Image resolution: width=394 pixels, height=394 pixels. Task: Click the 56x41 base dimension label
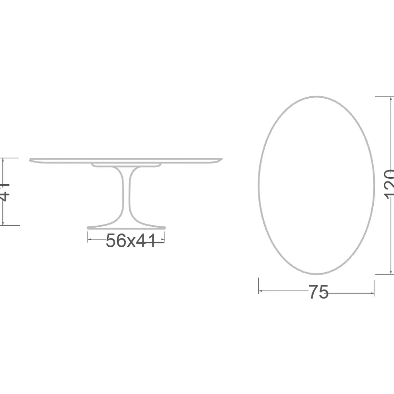[x=131, y=241]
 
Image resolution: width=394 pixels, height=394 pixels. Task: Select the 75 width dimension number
[x=318, y=293]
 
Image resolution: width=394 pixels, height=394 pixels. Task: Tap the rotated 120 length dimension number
[x=389, y=184]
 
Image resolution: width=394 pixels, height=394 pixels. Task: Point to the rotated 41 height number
[x=5, y=192]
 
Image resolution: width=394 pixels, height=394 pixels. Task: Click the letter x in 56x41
[x=131, y=242]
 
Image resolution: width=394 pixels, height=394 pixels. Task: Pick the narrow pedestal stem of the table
[x=126, y=195]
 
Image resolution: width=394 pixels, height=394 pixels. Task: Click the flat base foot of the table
[x=126, y=227]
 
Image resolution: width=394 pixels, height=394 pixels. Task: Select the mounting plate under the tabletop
[x=126, y=164]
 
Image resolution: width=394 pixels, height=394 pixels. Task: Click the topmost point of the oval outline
[x=316, y=96]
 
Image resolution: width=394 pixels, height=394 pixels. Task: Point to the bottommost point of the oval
[x=316, y=274]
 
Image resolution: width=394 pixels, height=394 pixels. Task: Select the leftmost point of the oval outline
[x=259, y=185]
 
